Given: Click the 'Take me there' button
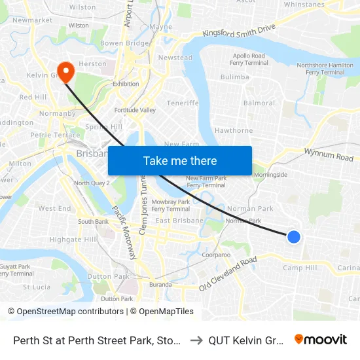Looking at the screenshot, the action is (180, 160).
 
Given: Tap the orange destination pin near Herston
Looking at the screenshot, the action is (65, 71).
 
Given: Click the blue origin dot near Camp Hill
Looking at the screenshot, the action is (294, 237).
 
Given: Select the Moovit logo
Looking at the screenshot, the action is (321, 340).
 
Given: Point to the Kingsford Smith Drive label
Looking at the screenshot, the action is (240, 31).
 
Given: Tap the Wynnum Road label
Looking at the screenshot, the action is (329, 154).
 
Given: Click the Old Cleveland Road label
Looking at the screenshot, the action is (228, 274).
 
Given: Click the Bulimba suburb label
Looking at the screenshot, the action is (235, 77).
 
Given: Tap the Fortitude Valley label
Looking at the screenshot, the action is (135, 111).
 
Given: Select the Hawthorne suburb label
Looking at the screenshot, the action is (233, 131).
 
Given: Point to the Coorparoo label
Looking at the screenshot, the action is (217, 255).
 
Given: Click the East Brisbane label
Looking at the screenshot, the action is (172, 221).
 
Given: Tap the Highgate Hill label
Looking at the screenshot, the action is (73, 240).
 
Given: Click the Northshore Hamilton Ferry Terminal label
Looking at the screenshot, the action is (320, 69).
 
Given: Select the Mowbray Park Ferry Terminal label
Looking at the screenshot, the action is (171, 206).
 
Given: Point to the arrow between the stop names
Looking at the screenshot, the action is (196, 340).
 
